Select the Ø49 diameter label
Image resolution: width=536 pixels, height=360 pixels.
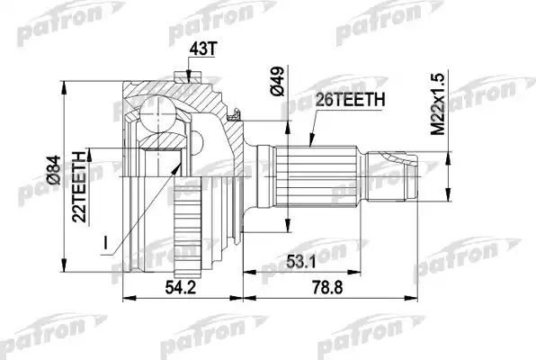click(x=278, y=80)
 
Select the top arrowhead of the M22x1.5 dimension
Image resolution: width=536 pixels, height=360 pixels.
click(x=449, y=148)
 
